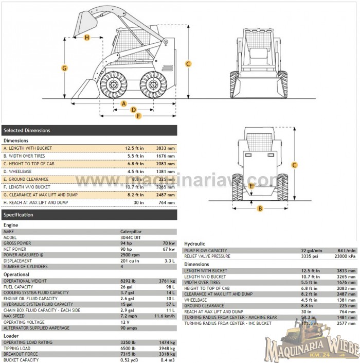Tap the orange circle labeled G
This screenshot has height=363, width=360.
[x=65, y=68]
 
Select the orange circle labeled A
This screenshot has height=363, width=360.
[x=123, y=103]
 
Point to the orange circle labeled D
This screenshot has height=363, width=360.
[x=133, y=109]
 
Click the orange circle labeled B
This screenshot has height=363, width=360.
[x=260, y=209]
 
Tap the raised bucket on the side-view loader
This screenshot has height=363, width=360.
[x=87, y=23]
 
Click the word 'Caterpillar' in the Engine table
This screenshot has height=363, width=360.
[x=131, y=232]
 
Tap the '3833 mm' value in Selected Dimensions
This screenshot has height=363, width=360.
[x=166, y=148]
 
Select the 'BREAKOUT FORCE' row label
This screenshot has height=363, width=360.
[x=21, y=354]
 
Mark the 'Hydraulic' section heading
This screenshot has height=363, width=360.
[x=194, y=244]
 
